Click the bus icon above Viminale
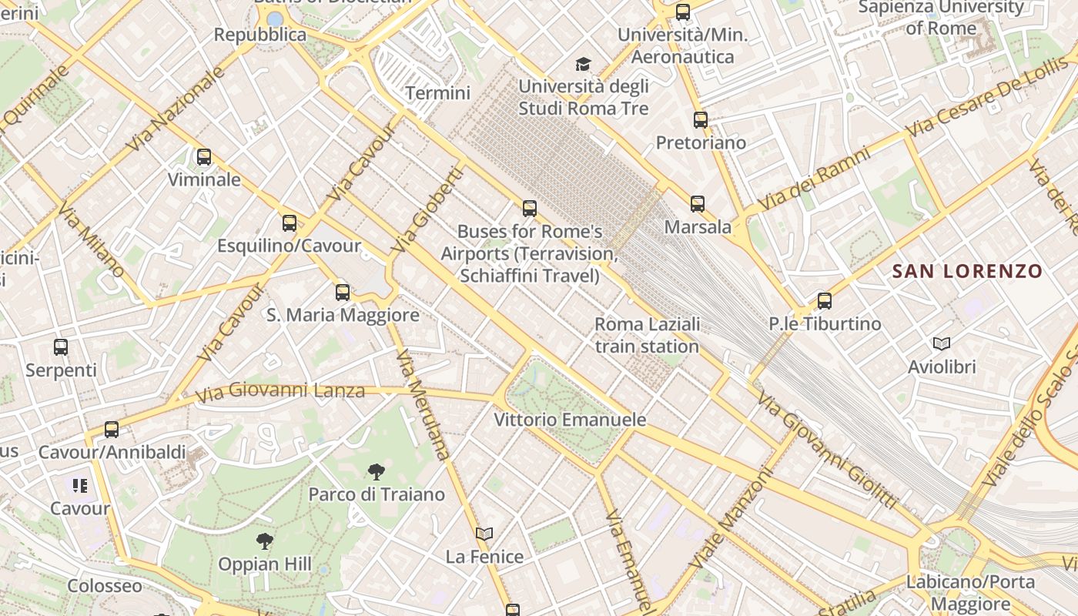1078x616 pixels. (204, 157)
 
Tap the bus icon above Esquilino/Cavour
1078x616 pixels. (290, 223)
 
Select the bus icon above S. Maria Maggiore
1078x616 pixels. (343, 293)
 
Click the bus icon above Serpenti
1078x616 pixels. (61, 347)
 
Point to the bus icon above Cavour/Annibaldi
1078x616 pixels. (112, 430)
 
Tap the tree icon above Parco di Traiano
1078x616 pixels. (377, 471)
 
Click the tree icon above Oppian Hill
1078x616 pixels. (265, 541)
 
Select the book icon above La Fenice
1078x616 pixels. (484, 534)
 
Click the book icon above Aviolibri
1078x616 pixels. (941, 343)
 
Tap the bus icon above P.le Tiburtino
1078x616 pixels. (825, 301)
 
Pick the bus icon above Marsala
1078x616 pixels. (698, 204)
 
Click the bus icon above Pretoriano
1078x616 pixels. (700, 120)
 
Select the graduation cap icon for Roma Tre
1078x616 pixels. (584, 64)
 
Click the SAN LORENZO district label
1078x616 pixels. (967, 271)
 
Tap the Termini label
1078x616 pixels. (437, 93)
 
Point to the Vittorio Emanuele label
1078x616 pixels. (570, 420)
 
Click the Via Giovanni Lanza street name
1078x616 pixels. (280, 392)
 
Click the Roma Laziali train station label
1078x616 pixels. (647, 335)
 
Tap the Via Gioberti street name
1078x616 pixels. (427, 210)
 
